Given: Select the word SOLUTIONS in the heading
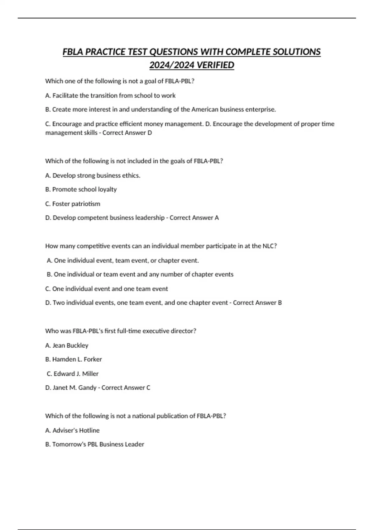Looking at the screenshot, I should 296,52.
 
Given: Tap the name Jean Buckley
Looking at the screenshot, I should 70,345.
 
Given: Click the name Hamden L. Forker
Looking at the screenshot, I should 77,359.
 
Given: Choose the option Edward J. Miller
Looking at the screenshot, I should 76,374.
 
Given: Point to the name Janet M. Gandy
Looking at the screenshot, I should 74,388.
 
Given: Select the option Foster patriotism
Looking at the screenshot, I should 76,204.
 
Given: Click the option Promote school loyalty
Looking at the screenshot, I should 84,190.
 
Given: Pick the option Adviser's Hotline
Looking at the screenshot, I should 76,431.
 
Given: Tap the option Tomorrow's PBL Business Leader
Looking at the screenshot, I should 98,444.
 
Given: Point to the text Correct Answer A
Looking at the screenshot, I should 194,218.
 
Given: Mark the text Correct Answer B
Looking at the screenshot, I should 257,303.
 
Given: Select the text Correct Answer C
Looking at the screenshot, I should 126,388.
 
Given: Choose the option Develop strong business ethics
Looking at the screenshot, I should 96,176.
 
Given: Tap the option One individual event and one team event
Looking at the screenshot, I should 110,289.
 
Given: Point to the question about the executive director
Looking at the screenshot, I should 121,331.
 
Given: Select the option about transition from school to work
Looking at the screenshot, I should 114,96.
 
